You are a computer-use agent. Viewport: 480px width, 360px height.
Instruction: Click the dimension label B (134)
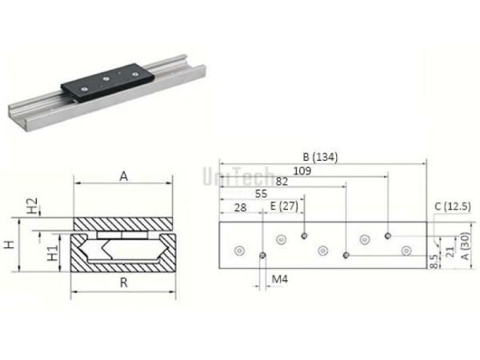320,157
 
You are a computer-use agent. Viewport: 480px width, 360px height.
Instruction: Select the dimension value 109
303,170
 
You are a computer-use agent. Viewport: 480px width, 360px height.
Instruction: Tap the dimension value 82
282,182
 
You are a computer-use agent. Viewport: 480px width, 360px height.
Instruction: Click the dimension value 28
238,207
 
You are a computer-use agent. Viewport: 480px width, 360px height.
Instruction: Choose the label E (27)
284,207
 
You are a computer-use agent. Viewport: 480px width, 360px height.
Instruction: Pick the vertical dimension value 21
449,254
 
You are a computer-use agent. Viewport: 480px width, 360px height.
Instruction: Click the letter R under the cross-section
122,283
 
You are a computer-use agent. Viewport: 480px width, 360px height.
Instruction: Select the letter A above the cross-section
123,175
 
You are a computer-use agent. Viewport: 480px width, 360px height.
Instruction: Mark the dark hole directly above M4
263,255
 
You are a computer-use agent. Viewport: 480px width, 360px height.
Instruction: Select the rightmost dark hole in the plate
387,236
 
